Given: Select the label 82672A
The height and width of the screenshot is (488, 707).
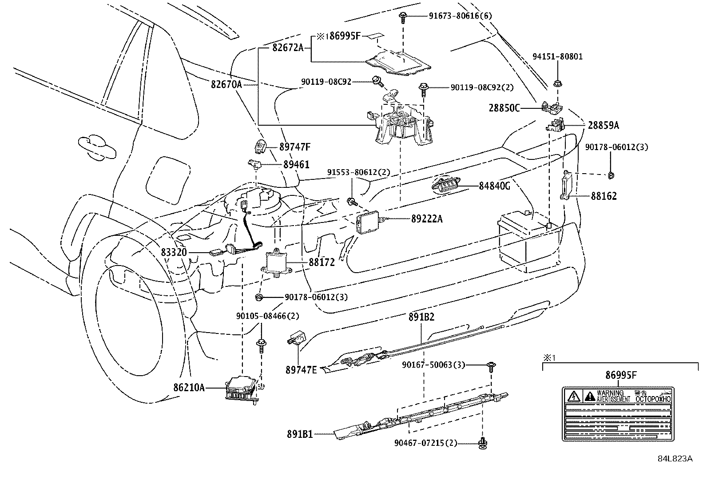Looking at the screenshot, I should pyautogui.click(x=287, y=48).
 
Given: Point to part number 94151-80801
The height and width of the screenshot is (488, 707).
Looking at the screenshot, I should pyautogui.click(x=557, y=57).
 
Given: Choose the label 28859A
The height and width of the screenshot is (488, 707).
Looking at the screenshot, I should pyautogui.click(x=603, y=126).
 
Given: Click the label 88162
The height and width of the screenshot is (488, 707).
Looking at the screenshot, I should pyautogui.click(x=604, y=196).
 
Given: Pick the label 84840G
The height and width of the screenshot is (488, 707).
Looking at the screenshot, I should pyautogui.click(x=494, y=186).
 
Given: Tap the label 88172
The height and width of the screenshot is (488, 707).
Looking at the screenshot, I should pyautogui.click(x=322, y=263).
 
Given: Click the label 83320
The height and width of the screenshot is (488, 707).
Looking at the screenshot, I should pyautogui.click(x=174, y=253).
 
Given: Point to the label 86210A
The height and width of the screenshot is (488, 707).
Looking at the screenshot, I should pyautogui.click(x=189, y=388).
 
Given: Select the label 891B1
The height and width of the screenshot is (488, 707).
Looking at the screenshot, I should pyautogui.click(x=300, y=434).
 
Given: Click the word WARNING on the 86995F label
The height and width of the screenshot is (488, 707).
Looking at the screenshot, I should pyautogui.click(x=610, y=393).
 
